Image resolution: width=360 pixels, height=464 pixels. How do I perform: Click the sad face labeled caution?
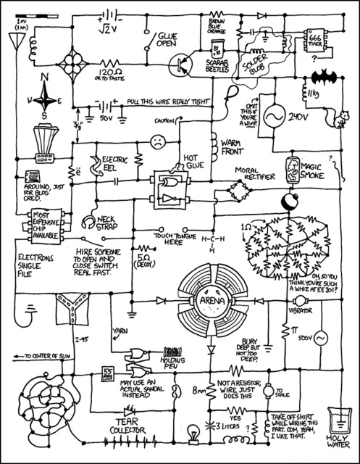pyautogui.click(x=155, y=142)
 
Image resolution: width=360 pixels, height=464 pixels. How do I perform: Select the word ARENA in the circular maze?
pyautogui.click(x=210, y=299)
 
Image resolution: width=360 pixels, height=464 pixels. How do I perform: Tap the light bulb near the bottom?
pyautogui.click(x=193, y=434)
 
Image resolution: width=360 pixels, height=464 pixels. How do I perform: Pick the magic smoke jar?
pyautogui.click(x=293, y=167)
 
